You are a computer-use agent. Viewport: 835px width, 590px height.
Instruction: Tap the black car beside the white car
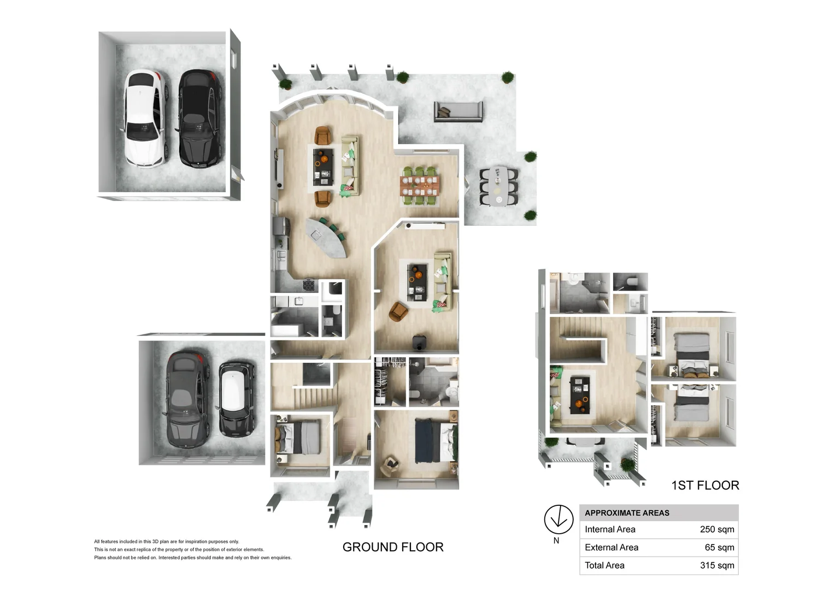201,118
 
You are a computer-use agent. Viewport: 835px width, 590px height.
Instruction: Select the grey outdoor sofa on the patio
458,111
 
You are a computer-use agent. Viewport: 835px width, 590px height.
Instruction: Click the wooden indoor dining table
420,186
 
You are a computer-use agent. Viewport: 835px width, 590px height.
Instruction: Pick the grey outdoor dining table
498,186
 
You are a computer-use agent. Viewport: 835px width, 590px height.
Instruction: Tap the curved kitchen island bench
326,238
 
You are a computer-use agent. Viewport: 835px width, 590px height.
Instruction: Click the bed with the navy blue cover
436,440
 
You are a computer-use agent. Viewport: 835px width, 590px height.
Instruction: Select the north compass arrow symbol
558,519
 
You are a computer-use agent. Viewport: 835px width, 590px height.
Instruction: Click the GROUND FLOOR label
393,547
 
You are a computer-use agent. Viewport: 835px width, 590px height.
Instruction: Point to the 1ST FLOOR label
705,485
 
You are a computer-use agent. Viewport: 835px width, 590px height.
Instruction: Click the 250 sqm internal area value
717,529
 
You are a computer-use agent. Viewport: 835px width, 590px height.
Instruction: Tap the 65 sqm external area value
719,547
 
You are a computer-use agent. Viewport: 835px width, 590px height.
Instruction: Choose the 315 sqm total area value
717,565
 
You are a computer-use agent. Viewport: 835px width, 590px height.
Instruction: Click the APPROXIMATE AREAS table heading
627,513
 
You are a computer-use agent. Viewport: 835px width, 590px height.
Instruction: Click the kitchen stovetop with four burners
309,285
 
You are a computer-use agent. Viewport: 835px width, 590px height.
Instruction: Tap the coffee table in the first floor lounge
580,395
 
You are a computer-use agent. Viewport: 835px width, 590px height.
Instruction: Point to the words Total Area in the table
604,565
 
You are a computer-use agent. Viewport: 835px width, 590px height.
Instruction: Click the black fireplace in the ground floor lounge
419,342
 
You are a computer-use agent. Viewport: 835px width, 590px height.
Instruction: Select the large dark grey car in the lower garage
186,399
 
